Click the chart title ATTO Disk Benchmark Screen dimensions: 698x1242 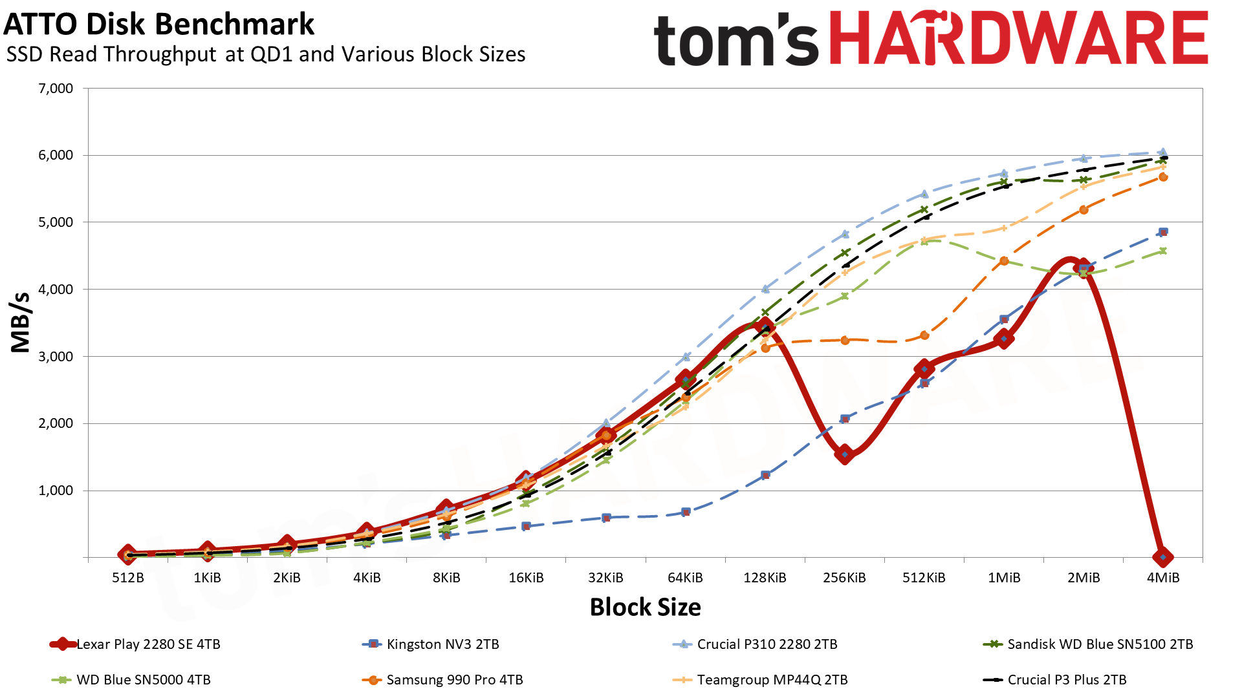158,25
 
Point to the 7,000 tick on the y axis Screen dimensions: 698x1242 56,89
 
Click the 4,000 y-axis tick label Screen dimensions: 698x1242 56,290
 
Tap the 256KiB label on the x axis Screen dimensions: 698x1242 844,578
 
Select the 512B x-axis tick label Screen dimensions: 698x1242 128,578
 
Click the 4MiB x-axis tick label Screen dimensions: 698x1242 1163,578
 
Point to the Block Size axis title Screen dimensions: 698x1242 645,608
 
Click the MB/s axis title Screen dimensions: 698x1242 21,322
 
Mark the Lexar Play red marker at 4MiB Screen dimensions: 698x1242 1163,557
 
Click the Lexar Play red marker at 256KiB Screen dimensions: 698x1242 844,454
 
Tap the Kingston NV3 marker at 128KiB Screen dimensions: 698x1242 765,475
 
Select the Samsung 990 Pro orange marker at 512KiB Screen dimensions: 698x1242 924,335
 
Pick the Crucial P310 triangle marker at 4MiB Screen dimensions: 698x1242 1163,153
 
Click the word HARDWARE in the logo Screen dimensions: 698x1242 1018,39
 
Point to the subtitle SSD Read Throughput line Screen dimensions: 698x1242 265,55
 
